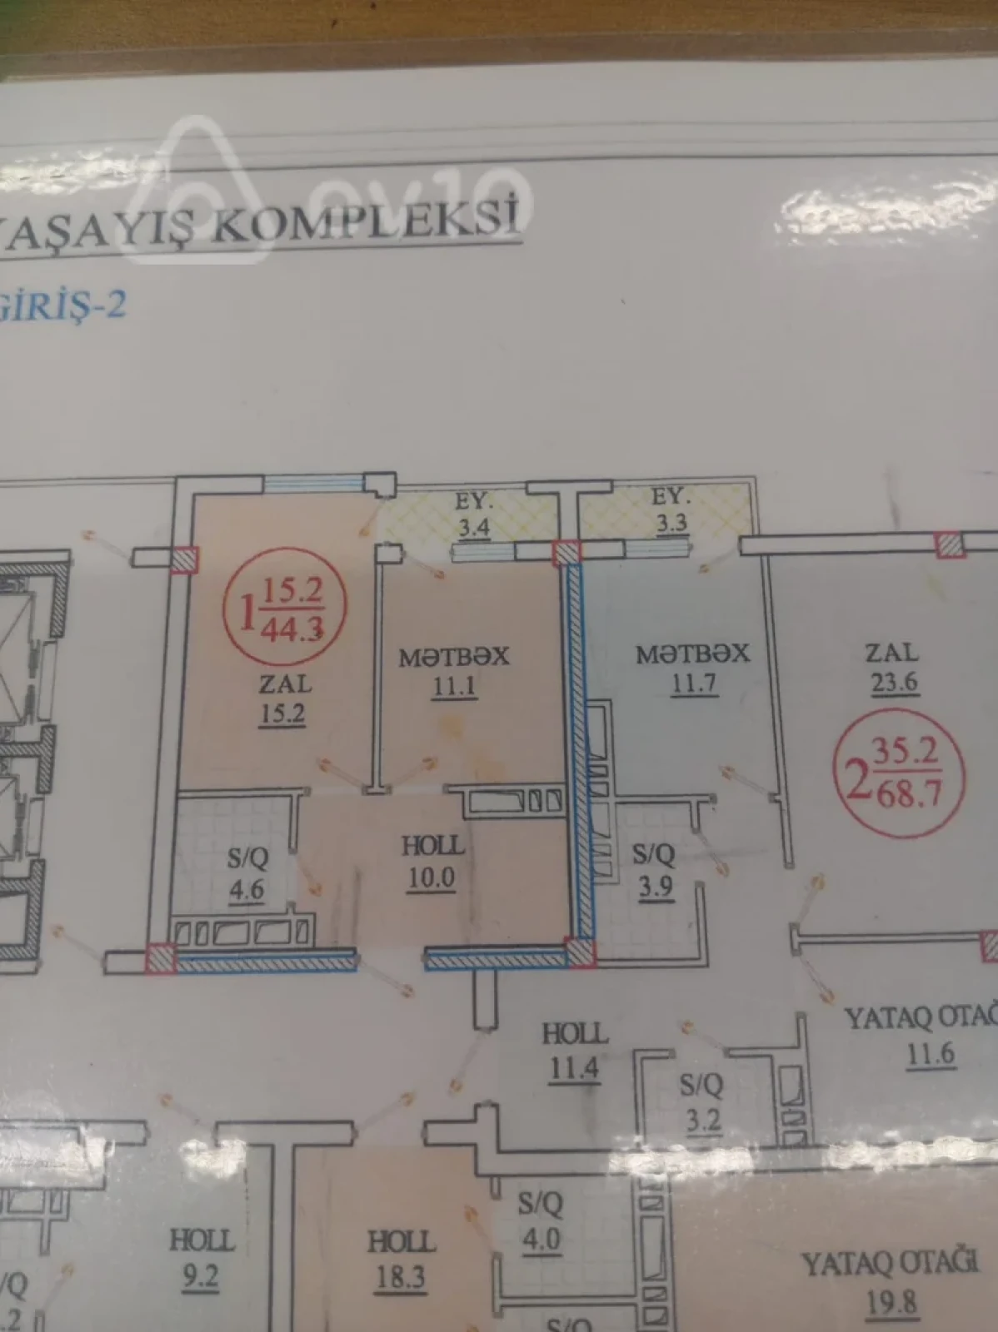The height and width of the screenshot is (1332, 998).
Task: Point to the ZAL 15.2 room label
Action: click(284, 699)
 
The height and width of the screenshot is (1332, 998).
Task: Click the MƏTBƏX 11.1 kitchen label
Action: click(454, 671)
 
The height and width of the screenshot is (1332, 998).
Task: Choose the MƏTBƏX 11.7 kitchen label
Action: click(693, 668)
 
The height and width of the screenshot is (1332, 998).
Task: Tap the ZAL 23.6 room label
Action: click(894, 667)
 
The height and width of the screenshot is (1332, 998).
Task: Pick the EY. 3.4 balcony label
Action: click(474, 514)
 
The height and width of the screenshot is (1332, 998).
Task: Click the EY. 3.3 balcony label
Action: click(671, 510)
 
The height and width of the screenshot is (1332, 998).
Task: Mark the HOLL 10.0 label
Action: click(432, 862)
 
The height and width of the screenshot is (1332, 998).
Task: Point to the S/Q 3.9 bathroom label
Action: click(654, 869)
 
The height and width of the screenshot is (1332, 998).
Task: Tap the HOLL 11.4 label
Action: click(575, 1051)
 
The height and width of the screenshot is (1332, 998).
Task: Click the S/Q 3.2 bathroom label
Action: click(702, 1102)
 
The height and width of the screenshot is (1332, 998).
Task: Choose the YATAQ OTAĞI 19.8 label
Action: click(890, 1282)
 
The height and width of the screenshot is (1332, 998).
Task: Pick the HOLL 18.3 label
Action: click(402, 1259)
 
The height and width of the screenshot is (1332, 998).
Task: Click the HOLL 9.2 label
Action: click(202, 1257)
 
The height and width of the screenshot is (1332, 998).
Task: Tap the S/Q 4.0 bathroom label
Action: click(541, 1222)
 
